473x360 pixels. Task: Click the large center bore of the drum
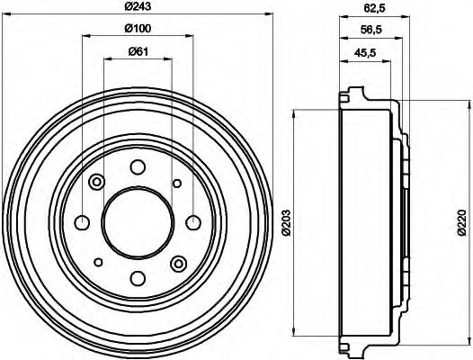click(x=138, y=222)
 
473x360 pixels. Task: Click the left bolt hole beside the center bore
click(x=82, y=222)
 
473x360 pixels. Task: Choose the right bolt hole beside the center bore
click(x=192, y=222)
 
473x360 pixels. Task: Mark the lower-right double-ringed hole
click(x=177, y=263)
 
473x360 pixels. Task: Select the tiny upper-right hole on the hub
click(x=176, y=184)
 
